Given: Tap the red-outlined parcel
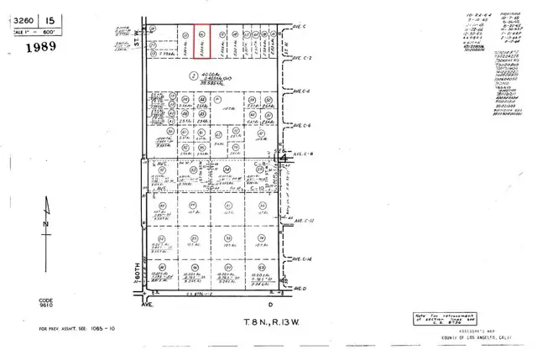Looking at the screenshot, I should point(202,39).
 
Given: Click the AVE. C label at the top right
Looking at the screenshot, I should point(299,26).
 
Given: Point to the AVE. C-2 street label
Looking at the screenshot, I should point(302,57).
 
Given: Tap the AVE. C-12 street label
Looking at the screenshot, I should point(303,221).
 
